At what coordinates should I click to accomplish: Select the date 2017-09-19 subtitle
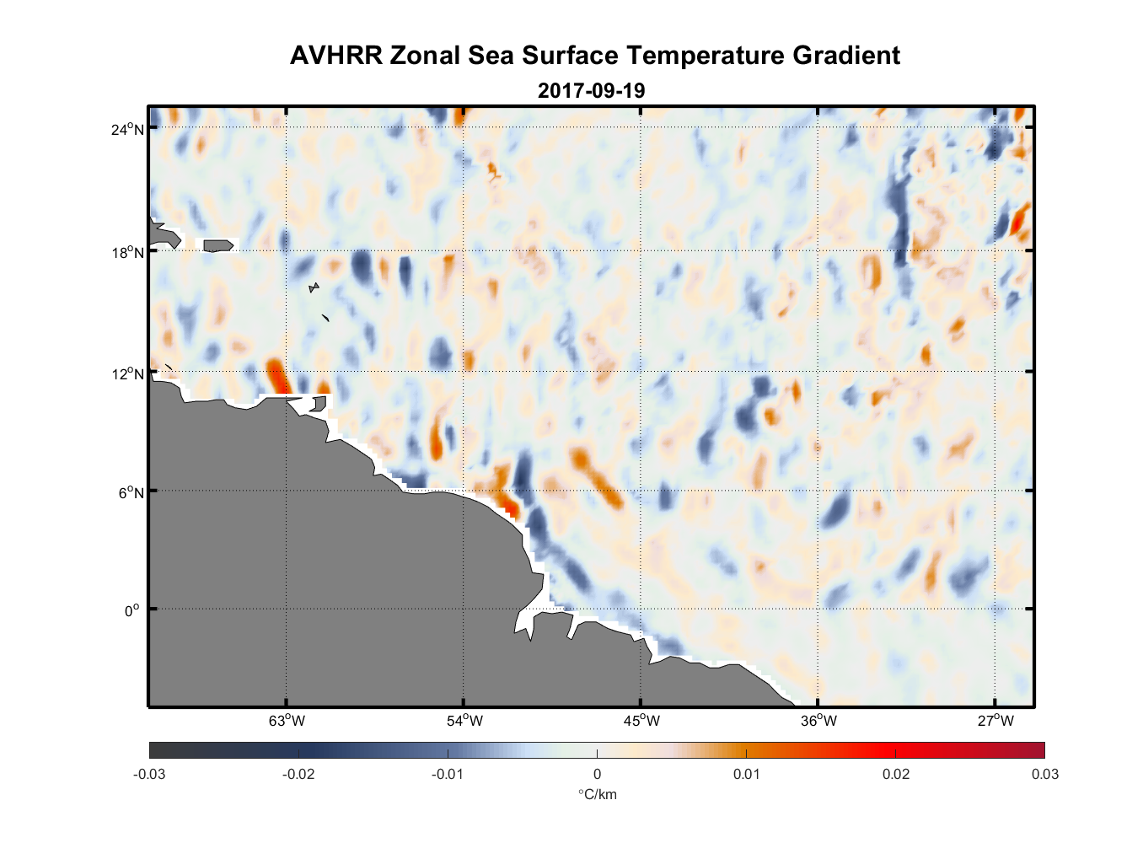coord(591,90)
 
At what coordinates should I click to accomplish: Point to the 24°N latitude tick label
coord(127,130)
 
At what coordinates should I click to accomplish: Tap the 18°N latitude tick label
coord(127,252)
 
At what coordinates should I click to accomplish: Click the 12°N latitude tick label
coord(127,373)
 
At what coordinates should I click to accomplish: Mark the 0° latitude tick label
coord(131,610)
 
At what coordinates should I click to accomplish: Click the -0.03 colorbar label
coord(149,774)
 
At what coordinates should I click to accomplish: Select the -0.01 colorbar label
coord(447,774)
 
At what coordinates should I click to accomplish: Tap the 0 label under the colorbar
coord(597,774)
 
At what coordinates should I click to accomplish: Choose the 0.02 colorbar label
coord(895,774)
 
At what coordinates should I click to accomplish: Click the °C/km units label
coord(597,794)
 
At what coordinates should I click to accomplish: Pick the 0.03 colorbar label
coord(1044,774)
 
